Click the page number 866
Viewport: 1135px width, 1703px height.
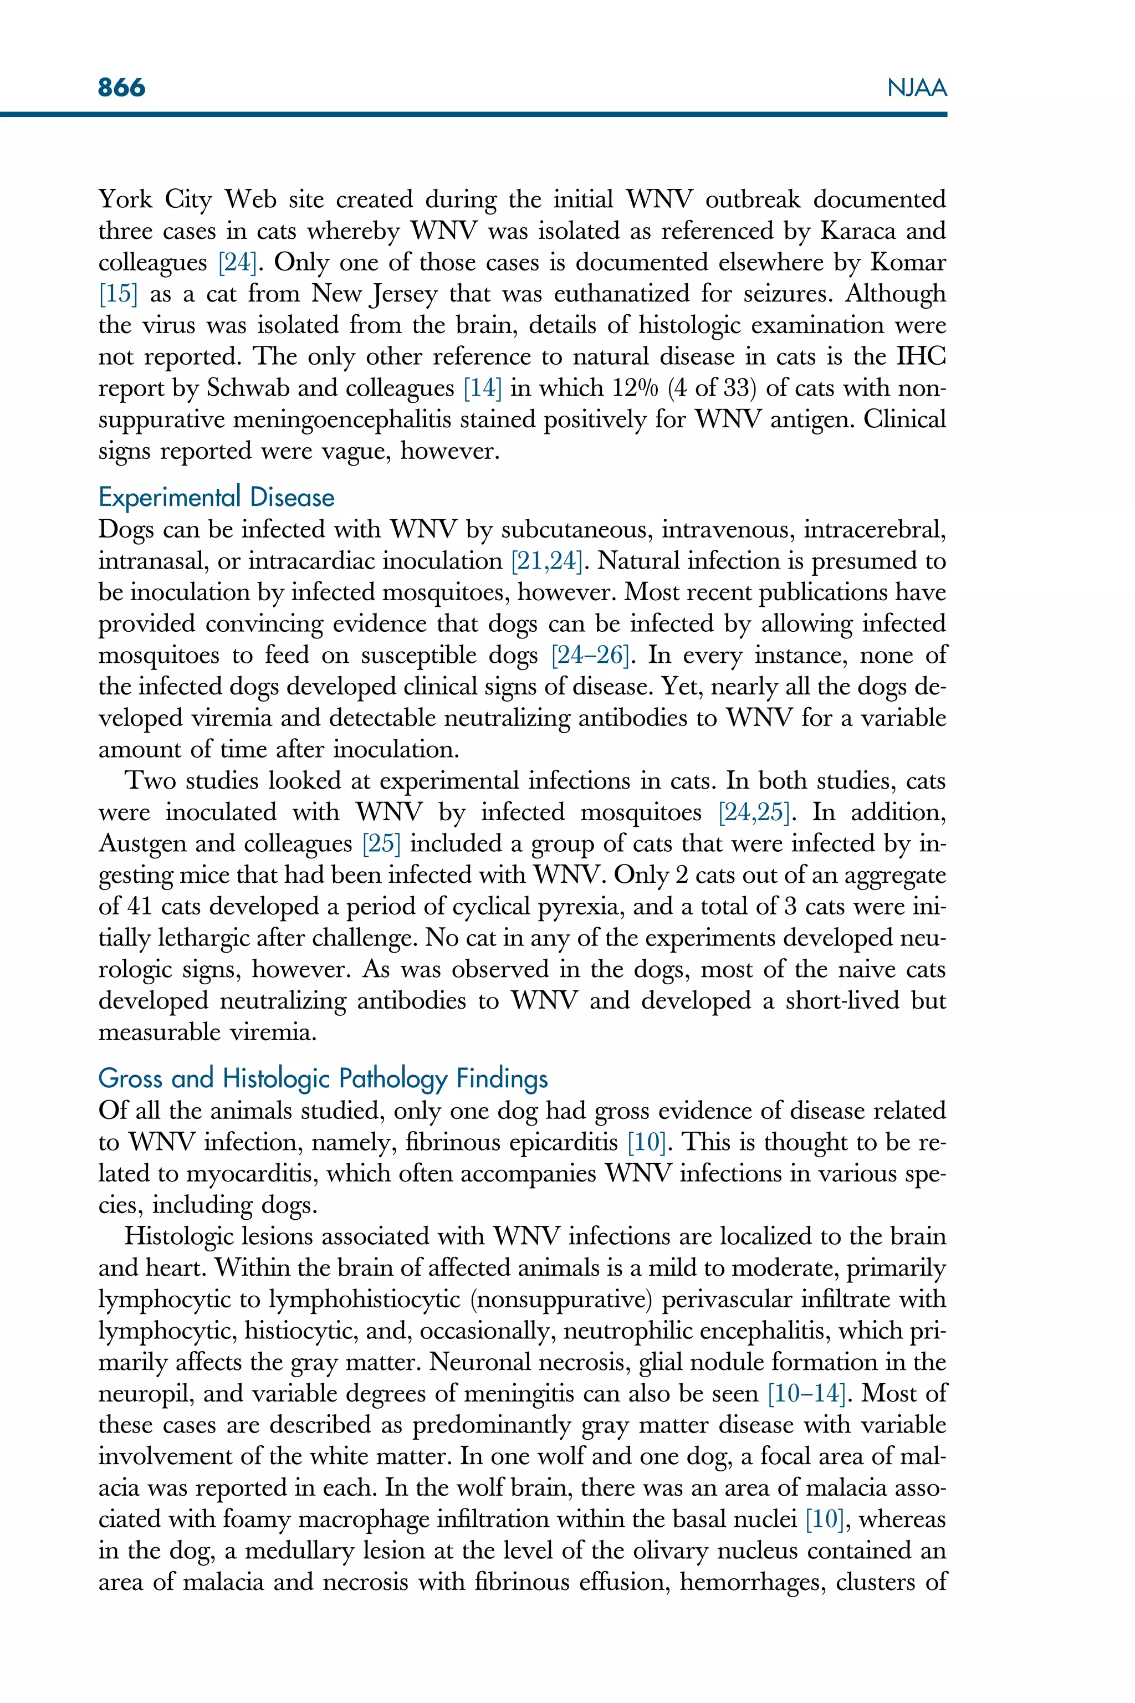click(121, 88)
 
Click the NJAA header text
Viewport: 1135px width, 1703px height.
click(917, 88)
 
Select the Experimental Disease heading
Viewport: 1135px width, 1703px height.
click(217, 498)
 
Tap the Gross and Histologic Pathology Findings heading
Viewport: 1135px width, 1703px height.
click(323, 1078)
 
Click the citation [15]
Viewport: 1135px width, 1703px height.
click(118, 294)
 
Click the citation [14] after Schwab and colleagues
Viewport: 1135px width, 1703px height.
click(483, 388)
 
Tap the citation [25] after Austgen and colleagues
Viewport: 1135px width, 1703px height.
click(381, 844)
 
